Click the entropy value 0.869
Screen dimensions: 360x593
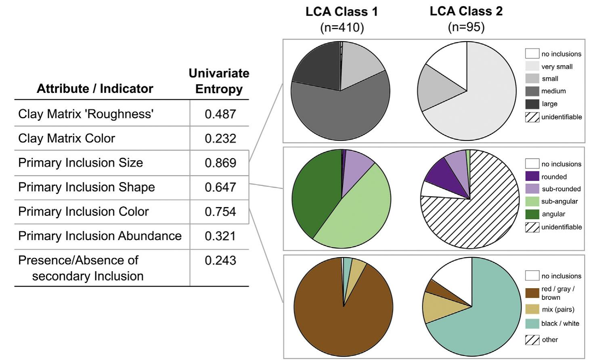coord(220,163)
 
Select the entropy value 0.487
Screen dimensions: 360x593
coord(220,114)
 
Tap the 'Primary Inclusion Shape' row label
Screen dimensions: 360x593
coord(86,187)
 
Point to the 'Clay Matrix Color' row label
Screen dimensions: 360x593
coord(67,138)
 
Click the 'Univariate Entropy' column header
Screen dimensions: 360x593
coord(219,81)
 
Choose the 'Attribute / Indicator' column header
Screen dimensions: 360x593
coord(95,89)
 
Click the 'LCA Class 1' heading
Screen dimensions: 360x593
coord(342,12)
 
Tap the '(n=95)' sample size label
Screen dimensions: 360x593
coord(466,27)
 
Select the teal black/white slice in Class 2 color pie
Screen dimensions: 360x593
coord(484,319)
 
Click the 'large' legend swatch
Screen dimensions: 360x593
coord(532,104)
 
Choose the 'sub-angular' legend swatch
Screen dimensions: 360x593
coord(532,201)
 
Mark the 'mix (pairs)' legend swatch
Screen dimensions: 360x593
coord(532,310)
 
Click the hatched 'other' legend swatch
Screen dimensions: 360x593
coord(532,340)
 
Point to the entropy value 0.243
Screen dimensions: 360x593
coord(220,260)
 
